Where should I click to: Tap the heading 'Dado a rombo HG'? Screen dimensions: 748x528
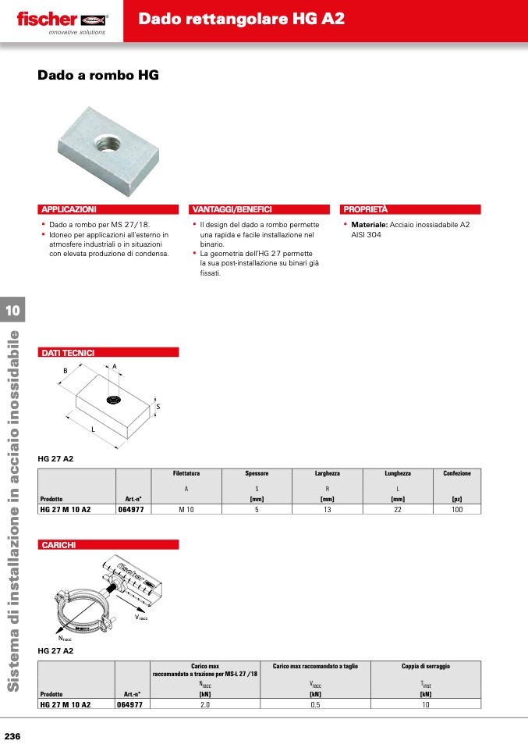[98, 76]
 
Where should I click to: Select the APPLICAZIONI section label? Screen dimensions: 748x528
[69, 209]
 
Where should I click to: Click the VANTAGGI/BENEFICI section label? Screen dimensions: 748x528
[232, 209]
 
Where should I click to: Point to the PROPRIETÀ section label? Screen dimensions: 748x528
[366, 209]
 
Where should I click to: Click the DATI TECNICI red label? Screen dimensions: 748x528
[68, 353]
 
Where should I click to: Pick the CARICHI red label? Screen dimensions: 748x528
[58, 544]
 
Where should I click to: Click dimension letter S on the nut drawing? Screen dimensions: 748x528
[158, 407]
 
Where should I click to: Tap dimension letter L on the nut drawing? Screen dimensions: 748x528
[93, 430]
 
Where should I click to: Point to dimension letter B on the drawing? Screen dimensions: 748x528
[66, 370]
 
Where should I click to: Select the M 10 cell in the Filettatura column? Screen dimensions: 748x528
[186, 509]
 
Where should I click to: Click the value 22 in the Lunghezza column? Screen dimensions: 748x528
[398, 509]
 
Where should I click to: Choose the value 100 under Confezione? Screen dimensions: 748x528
[457, 509]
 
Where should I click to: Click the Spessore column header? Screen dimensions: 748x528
[257, 473]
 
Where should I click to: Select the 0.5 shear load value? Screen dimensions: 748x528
[315, 703]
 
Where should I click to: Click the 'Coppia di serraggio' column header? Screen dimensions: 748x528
[426, 666]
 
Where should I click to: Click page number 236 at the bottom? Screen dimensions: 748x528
[13, 736]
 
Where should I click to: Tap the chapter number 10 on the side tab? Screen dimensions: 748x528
[12, 310]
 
